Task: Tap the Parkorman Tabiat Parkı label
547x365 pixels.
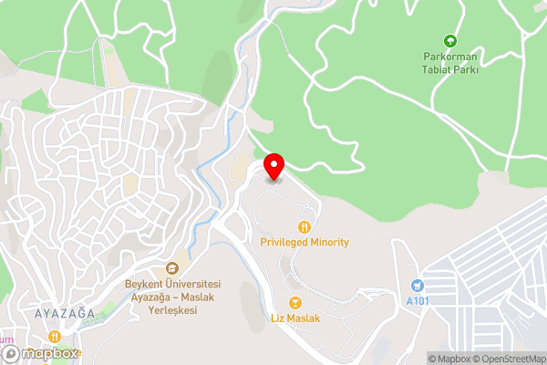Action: click(x=449, y=61)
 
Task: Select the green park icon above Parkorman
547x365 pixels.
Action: click(x=449, y=40)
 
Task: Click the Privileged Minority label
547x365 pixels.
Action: click(x=304, y=243)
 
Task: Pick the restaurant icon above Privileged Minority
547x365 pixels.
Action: click(x=304, y=225)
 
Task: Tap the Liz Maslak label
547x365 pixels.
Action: click(x=295, y=318)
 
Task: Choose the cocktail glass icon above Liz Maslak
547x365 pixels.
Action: click(x=295, y=302)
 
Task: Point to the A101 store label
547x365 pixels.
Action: click(x=418, y=301)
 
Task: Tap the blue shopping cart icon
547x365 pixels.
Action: click(x=418, y=286)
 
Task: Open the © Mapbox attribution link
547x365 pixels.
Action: click(x=449, y=359)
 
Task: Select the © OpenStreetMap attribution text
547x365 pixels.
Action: click(x=508, y=359)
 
